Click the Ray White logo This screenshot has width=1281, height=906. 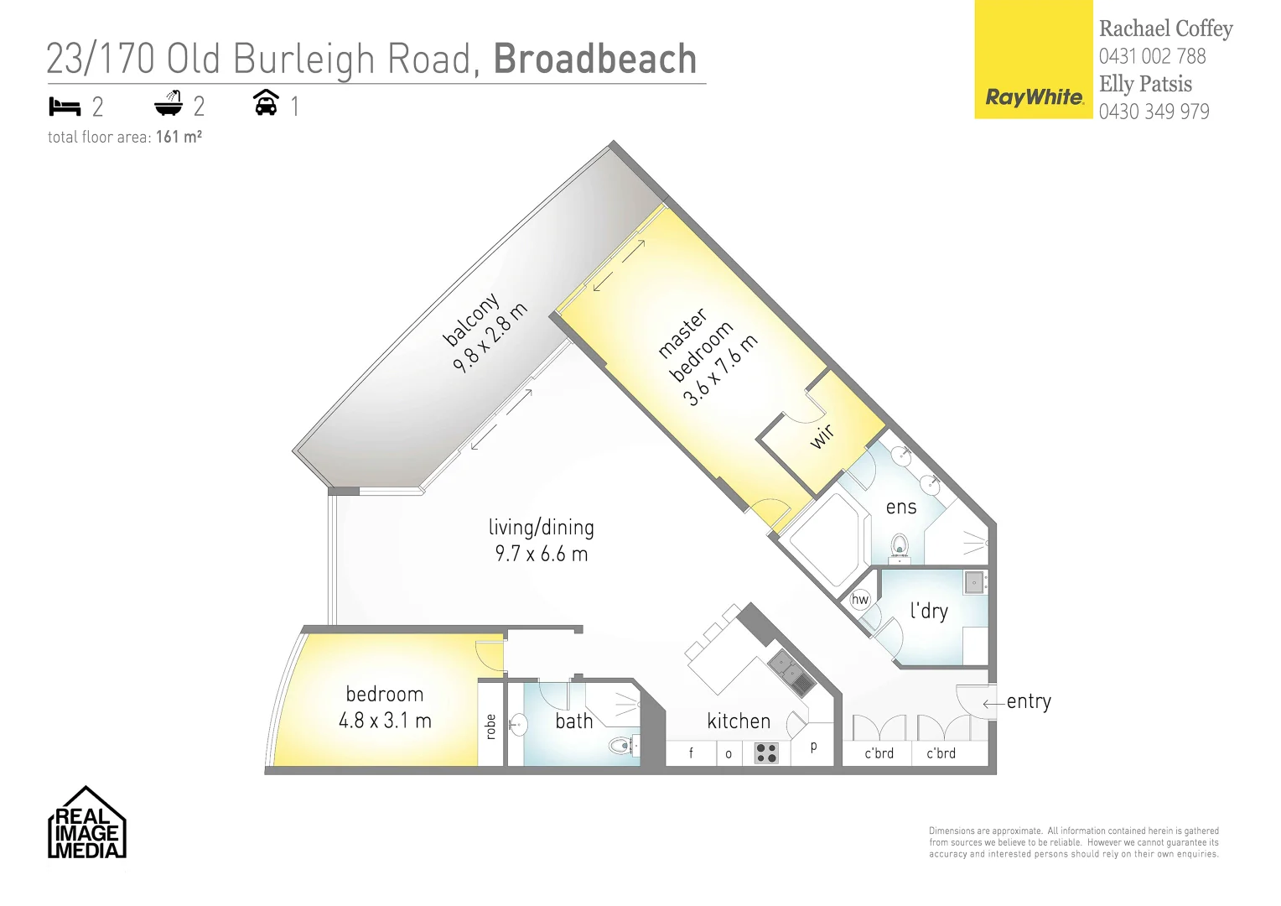[1034, 97]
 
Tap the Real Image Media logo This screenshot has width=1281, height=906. [86, 824]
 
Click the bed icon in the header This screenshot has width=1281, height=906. [65, 107]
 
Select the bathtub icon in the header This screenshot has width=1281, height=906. [169, 104]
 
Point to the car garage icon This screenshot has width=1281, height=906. [266, 103]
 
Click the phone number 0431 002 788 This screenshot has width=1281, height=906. [1152, 56]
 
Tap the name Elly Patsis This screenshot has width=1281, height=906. [1145, 84]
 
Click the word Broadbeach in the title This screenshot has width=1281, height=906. [595, 59]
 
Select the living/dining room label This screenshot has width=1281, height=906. [542, 528]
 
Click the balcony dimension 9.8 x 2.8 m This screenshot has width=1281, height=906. [490, 337]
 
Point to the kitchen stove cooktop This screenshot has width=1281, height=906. [766, 752]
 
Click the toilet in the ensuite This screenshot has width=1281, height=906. [900, 547]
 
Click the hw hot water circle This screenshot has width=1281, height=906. [860, 599]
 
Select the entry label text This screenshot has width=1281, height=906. [1029, 701]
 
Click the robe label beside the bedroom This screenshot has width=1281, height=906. [491, 726]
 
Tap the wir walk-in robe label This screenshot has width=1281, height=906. [822, 435]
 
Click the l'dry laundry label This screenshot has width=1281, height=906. [929, 610]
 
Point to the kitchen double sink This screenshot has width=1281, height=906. [790, 674]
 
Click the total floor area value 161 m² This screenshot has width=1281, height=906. [179, 137]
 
